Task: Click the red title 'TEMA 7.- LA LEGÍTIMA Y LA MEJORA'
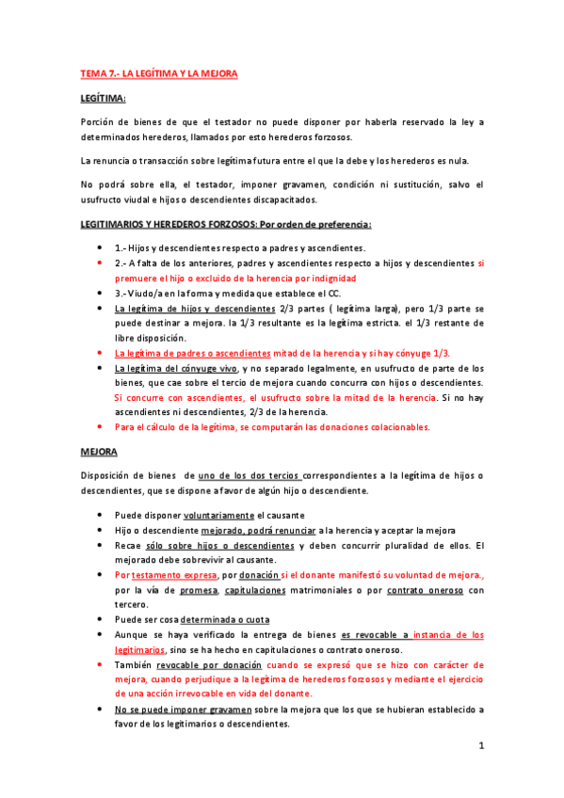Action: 159,72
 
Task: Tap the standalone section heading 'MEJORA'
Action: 98,452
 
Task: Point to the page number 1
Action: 480,746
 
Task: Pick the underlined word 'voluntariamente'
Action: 219,516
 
